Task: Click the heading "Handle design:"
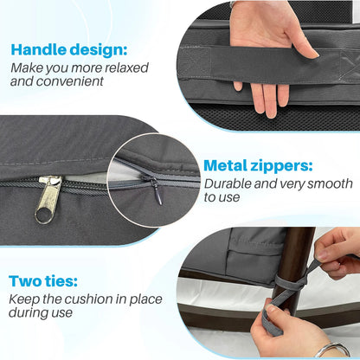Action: click(69, 49)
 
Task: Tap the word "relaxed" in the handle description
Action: click(126, 68)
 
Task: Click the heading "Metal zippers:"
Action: click(258, 166)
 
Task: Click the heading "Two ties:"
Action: click(43, 281)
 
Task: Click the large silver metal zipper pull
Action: click(48, 199)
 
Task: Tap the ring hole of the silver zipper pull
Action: click(43, 215)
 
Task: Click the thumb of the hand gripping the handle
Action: click(304, 45)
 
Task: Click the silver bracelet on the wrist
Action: click(332, 350)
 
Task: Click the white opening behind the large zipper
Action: click(84, 177)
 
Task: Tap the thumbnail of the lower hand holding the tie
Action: click(272, 308)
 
